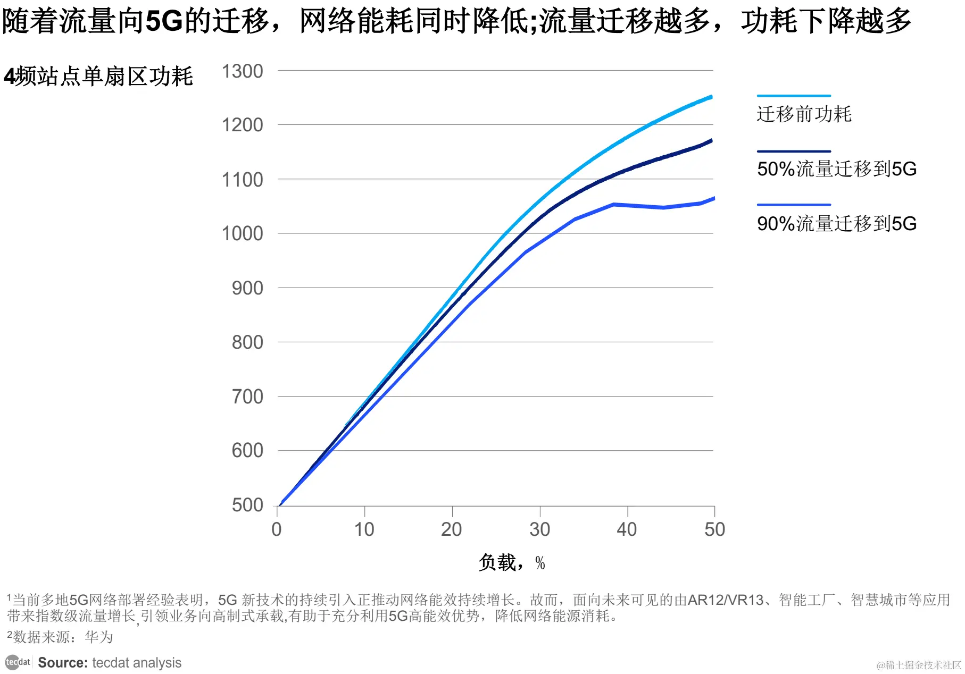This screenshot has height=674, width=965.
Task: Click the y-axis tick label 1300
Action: (242, 71)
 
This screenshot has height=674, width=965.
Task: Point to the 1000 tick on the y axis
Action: (242, 233)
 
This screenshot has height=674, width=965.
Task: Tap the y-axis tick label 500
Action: (247, 505)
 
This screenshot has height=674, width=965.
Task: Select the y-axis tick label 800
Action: (247, 342)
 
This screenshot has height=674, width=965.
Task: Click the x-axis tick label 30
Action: (539, 529)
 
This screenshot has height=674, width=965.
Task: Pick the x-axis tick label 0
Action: (277, 529)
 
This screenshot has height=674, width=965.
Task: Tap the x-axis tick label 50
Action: (714, 529)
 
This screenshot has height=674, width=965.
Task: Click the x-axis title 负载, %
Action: (511, 562)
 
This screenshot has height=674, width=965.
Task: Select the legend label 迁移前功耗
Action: (804, 114)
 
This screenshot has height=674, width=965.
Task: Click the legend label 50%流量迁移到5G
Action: (836, 169)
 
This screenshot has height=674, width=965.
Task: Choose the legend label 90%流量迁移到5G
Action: (836, 224)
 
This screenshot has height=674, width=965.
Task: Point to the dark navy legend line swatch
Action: (793, 151)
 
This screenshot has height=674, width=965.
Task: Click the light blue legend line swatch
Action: (793, 96)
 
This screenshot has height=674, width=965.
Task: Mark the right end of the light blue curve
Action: (711, 97)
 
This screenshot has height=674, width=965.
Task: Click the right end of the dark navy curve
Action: (711, 141)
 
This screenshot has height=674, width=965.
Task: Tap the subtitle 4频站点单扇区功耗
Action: (98, 77)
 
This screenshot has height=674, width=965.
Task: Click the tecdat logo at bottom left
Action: (18, 662)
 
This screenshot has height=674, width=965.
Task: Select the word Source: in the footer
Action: (63, 663)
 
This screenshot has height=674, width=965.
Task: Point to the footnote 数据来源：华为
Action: (63, 637)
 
